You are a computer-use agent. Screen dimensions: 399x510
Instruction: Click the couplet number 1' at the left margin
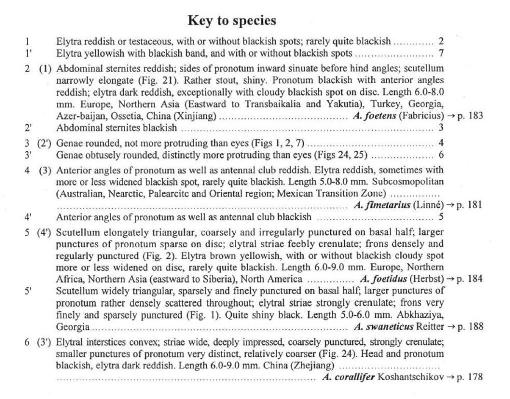(x=29, y=52)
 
